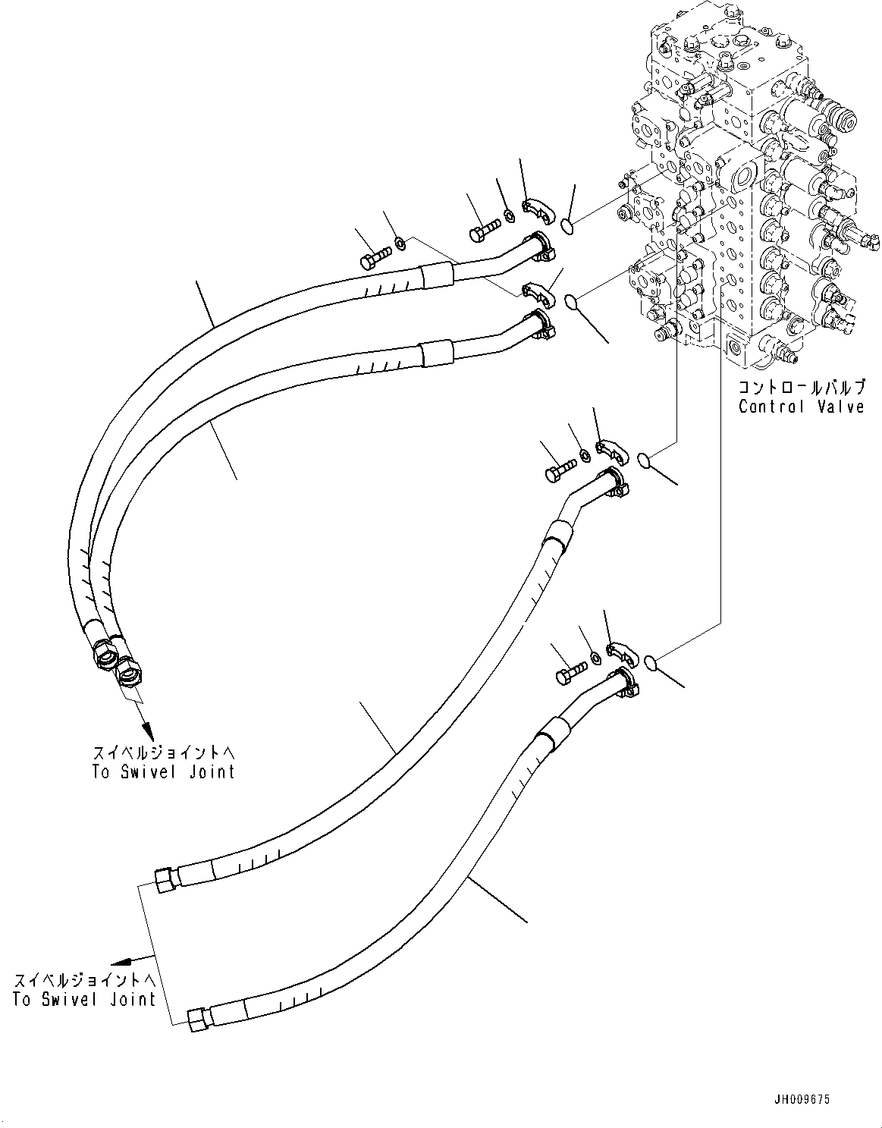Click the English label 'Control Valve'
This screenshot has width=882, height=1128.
[x=801, y=407]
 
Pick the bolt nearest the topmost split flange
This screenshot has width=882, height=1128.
[x=485, y=229]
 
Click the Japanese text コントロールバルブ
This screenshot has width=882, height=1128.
[x=801, y=388]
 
